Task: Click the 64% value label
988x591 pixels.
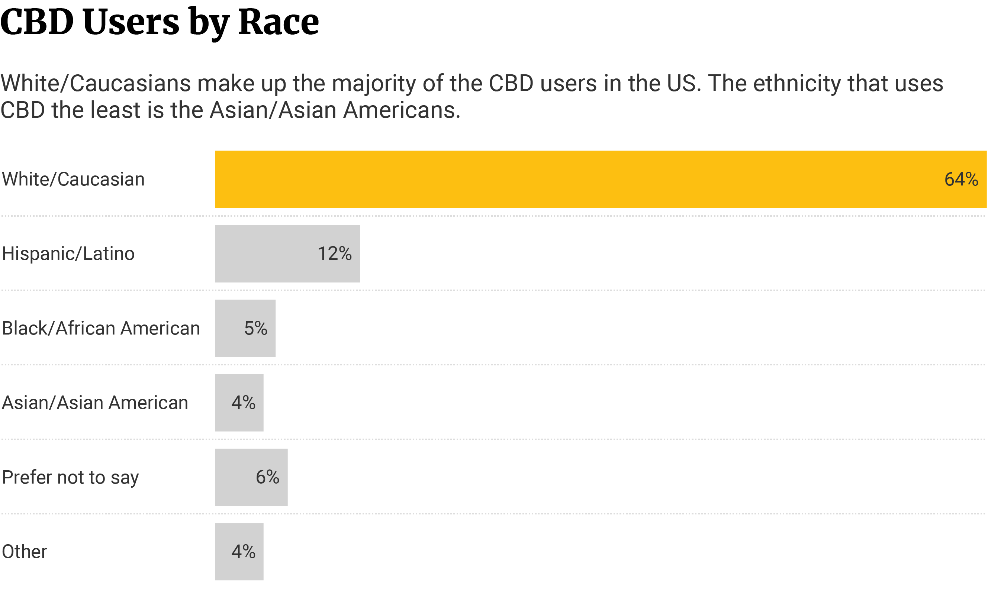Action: (961, 179)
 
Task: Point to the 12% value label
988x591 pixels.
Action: (334, 253)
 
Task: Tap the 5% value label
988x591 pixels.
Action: (255, 328)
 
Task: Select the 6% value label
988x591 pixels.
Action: (267, 477)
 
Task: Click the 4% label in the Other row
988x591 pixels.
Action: (244, 552)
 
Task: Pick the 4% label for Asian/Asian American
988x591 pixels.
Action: (244, 403)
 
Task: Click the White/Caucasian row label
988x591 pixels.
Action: (73, 179)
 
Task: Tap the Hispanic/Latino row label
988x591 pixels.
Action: (68, 253)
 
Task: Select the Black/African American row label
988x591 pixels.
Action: (101, 328)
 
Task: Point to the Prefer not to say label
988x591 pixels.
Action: (70, 477)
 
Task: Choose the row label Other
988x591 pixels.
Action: (24, 552)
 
